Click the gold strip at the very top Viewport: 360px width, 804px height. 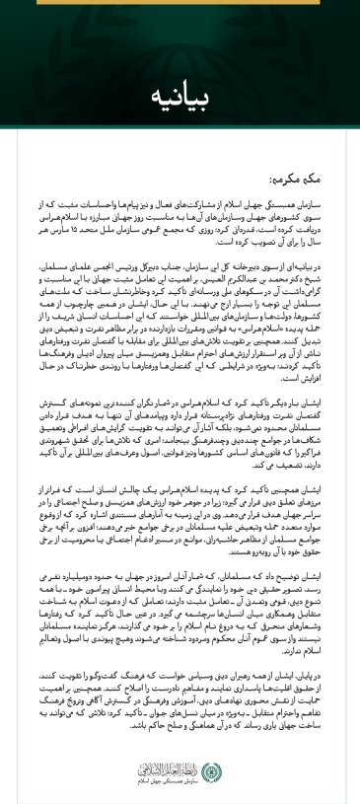click(x=180, y=3)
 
